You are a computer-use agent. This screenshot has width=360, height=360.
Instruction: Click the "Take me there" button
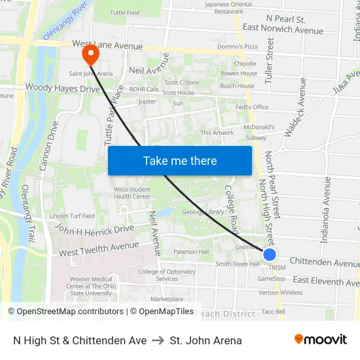coord(180,160)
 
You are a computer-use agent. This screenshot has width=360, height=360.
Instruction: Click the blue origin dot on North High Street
coord(270,255)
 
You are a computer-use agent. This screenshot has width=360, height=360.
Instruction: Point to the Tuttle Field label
coord(124,12)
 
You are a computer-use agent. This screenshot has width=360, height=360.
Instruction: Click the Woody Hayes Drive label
coord(62,88)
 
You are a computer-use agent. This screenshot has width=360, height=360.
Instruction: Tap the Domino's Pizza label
coord(237,46)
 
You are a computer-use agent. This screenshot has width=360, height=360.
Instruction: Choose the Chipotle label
coord(245,63)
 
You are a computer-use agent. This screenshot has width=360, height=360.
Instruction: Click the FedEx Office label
coord(252,107)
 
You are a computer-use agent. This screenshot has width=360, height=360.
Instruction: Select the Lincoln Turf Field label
coord(72,215)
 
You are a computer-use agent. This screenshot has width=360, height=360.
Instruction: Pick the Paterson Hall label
coord(191,251)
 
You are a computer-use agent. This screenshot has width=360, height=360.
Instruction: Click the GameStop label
coord(271,278)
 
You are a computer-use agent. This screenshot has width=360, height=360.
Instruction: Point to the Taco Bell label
coord(274,311)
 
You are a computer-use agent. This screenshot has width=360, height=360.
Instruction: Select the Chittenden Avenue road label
coord(323,262)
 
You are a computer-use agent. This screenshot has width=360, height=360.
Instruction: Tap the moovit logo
coord(321,340)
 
